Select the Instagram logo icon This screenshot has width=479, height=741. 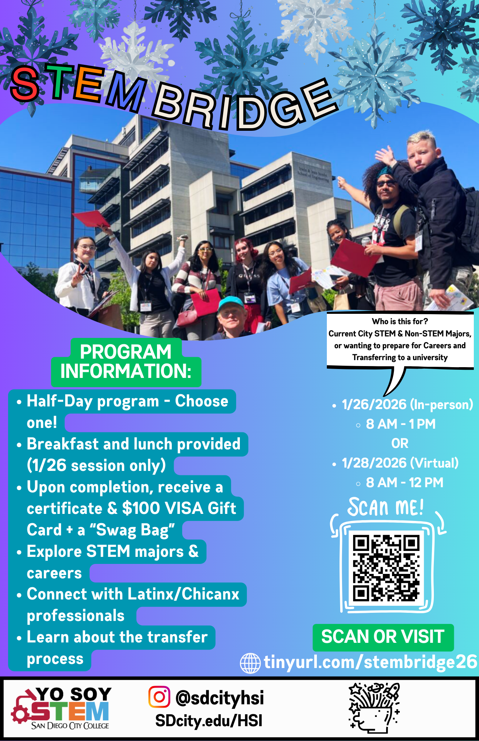click(x=159, y=697)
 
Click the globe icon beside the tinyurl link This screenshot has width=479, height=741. click(x=251, y=663)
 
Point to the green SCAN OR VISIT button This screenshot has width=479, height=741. click(x=383, y=637)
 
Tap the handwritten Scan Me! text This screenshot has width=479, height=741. click(x=385, y=507)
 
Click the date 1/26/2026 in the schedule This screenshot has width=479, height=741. click(x=374, y=404)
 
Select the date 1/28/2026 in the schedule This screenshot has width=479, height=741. click(x=374, y=463)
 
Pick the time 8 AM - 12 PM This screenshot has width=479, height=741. click(x=405, y=482)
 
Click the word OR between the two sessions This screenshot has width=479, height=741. click(x=400, y=443)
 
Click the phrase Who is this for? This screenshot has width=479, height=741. click(x=400, y=321)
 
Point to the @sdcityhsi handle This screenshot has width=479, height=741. click(x=220, y=698)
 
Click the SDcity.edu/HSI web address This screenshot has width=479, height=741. click(x=209, y=721)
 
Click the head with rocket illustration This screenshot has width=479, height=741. click(x=374, y=708)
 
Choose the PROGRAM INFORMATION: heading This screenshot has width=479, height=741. click(x=126, y=362)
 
